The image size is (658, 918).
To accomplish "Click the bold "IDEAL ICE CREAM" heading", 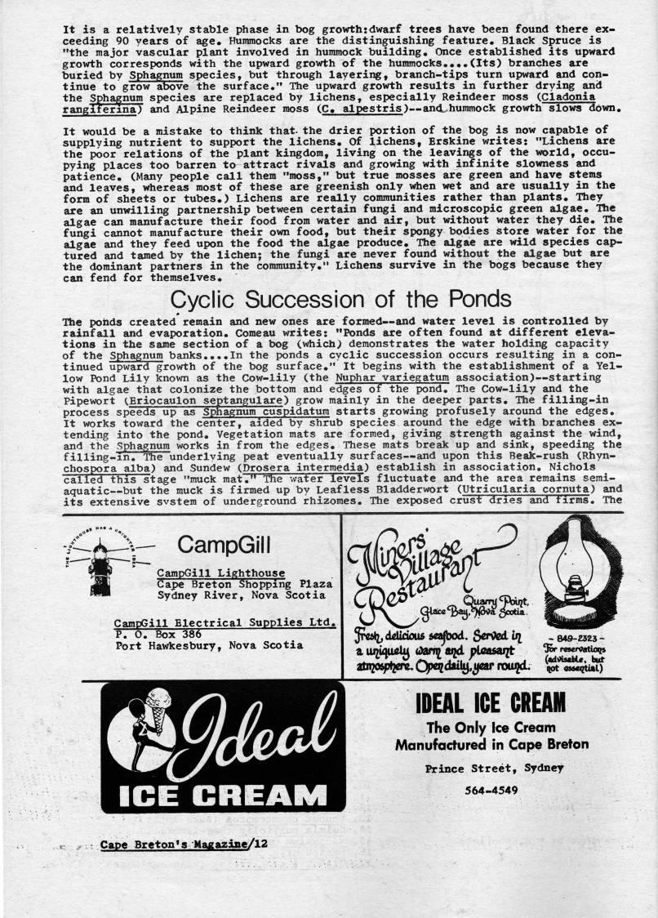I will [x=491, y=702].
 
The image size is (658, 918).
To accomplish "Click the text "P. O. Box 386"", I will [x=158, y=633].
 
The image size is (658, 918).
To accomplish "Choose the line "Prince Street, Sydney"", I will [x=491, y=769].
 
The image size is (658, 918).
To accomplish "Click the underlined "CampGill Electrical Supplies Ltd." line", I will [x=225, y=622].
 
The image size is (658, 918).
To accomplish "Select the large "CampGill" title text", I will [x=224, y=544].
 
